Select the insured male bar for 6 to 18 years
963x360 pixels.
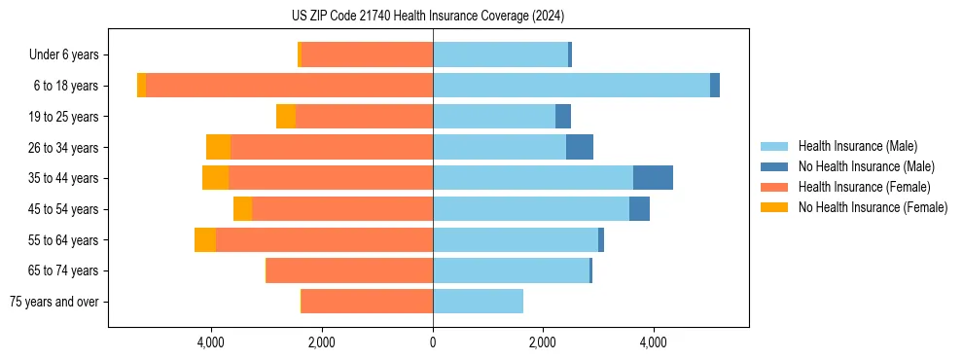pyautogui.click(x=571, y=86)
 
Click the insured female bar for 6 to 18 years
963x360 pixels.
pyautogui.click(x=289, y=86)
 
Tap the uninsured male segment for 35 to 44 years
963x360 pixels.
pyautogui.click(x=653, y=178)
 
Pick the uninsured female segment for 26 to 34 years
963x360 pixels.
pyautogui.click(x=218, y=147)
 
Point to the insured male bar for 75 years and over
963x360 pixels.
pyautogui.click(x=478, y=302)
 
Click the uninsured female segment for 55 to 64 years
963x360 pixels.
pyautogui.click(x=205, y=239)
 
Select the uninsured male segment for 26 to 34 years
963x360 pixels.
pyautogui.click(x=580, y=147)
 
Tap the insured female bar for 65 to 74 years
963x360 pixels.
pyautogui.click(x=349, y=270)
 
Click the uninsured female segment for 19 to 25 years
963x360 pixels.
pyautogui.click(x=285, y=117)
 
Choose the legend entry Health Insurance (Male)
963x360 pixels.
pyautogui.click(x=857, y=146)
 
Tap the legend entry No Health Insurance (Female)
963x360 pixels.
pyautogui.click(x=872, y=207)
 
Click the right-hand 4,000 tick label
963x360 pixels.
pyautogui.click(x=654, y=342)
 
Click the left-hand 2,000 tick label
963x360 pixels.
pyautogui.click(x=322, y=342)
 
